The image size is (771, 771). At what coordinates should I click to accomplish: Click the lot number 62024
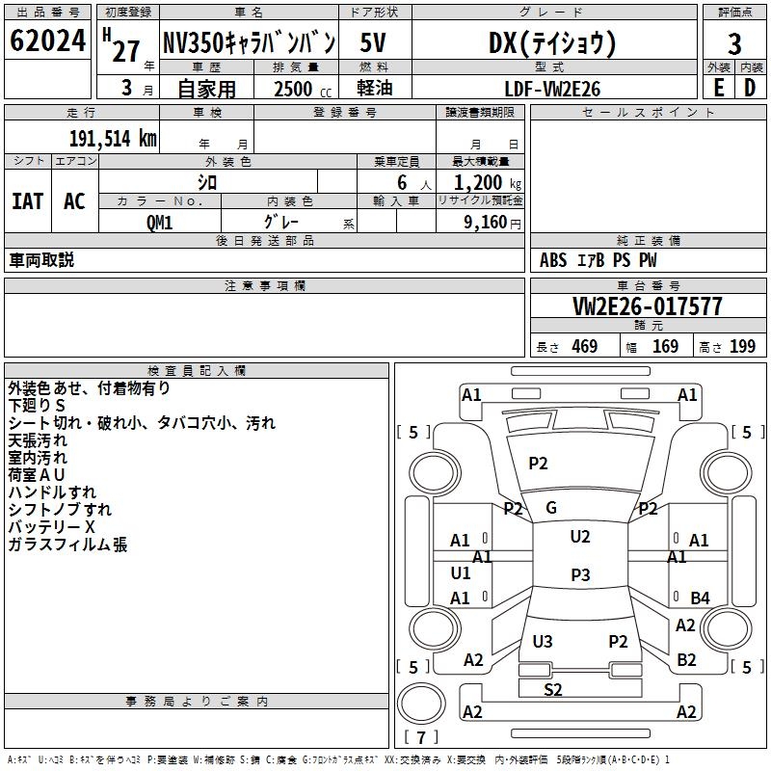[47, 42]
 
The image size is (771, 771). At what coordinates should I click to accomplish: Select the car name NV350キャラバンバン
[248, 42]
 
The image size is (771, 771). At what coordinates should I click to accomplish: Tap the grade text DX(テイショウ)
[553, 42]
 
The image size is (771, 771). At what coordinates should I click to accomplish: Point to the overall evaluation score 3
[734, 43]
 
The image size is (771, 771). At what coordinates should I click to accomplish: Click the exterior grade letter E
[718, 87]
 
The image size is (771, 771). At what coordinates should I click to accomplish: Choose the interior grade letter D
[750, 87]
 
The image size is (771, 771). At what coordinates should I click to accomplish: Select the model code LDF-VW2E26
[553, 88]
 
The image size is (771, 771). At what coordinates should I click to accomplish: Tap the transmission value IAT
[27, 201]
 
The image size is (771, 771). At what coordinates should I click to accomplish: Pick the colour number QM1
[159, 222]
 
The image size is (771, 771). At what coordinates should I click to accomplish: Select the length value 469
[584, 347]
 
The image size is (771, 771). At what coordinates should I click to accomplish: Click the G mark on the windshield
[551, 508]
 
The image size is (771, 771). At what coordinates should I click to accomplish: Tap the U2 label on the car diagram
[579, 537]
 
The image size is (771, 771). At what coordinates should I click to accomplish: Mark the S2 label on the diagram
[553, 689]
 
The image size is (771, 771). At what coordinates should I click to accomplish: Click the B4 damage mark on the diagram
[700, 598]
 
